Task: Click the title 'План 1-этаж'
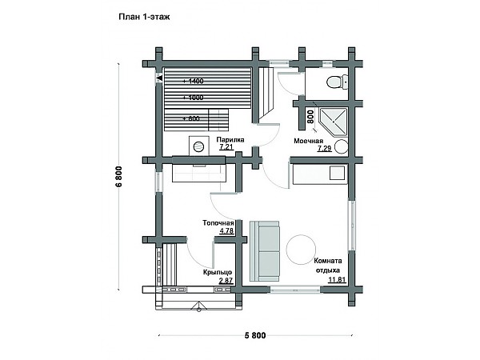pyautogui.click(x=144, y=17)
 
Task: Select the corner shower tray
pyautogui.click(x=333, y=122)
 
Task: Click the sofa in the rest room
pyautogui.click(x=265, y=250)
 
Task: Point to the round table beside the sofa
pyautogui.click(x=301, y=249)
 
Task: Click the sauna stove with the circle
pyautogui.click(x=199, y=146)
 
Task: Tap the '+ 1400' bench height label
pyautogui.click(x=193, y=81)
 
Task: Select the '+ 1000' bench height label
pyautogui.click(x=193, y=98)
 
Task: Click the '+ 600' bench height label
pyautogui.click(x=191, y=118)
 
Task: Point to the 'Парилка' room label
pyautogui.click(x=230, y=140)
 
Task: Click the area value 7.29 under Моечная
pyautogui.click(x=324, y=149)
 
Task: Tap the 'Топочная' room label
pyautogui.click(x=218, y=223)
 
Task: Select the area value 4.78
pyautogui.click(x=227, y=231)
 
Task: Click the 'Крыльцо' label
pyautogui.click(x=218, y=272)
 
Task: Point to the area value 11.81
pyautogui.click(x=337, y=279)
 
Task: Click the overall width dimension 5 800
pyautogui.click(x=255, y=335)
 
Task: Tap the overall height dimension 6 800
pyautogui.click(x=118, y=176)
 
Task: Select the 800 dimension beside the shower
pyautogui.click(x=310, y=117)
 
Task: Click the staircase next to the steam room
pyautogui.click(x=266, y=94)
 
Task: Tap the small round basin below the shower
pyautogui.click(x=341, y=146)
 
